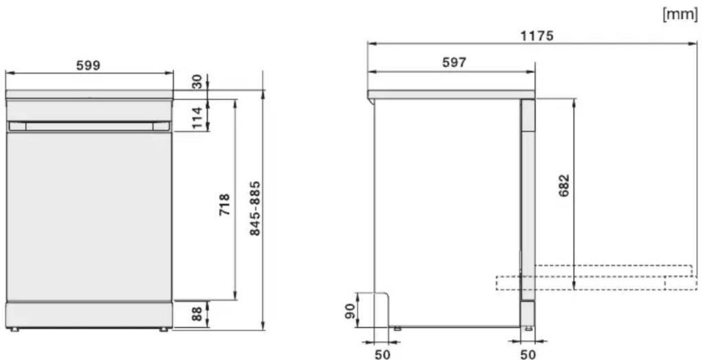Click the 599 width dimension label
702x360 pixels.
pos(88,65)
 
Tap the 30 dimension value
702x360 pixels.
pos(197,81)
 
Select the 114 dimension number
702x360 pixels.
pos(197,118)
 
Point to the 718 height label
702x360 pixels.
pos(224,205)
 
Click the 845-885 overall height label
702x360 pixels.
pos(255,208)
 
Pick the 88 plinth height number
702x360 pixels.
pos(197,314)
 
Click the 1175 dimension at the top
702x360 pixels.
pos(537,36)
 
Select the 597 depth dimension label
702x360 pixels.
pos(454,62)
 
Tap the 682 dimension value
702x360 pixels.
pos(564,185)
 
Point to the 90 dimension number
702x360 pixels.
pos(350,311)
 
